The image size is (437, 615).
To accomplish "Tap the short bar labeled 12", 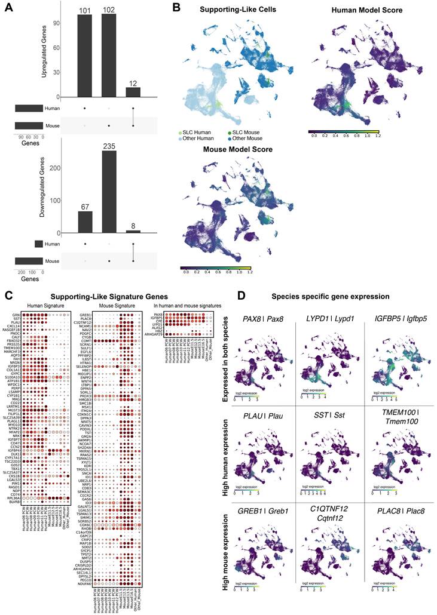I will (132, 92).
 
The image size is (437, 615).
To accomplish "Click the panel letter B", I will (176, 7).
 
